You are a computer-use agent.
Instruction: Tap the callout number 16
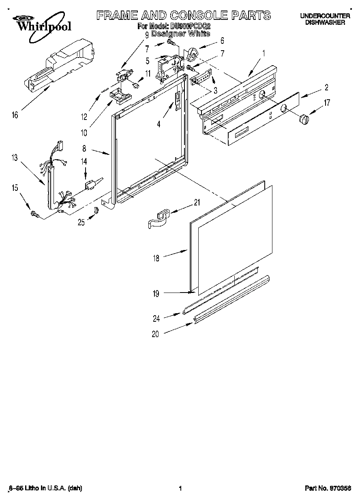coord(15,115)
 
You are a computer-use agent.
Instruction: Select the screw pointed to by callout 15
coord(34,214)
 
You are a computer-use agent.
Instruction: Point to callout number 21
coord(197,203)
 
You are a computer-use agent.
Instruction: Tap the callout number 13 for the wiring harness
coord(15,158)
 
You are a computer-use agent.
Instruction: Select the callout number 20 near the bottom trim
coord(156,334)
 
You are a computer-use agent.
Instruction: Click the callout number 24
coord(156,318)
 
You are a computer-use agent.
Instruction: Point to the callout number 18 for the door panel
coord(156,258)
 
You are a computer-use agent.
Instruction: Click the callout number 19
coord(156,294)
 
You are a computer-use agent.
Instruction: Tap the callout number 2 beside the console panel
coord(326,87)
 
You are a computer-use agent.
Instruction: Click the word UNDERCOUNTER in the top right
coord(325,16)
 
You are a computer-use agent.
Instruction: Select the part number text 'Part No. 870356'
coord(328,489)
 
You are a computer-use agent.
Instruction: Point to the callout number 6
coord(222,41)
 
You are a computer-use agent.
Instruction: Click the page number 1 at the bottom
coord(180,489)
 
